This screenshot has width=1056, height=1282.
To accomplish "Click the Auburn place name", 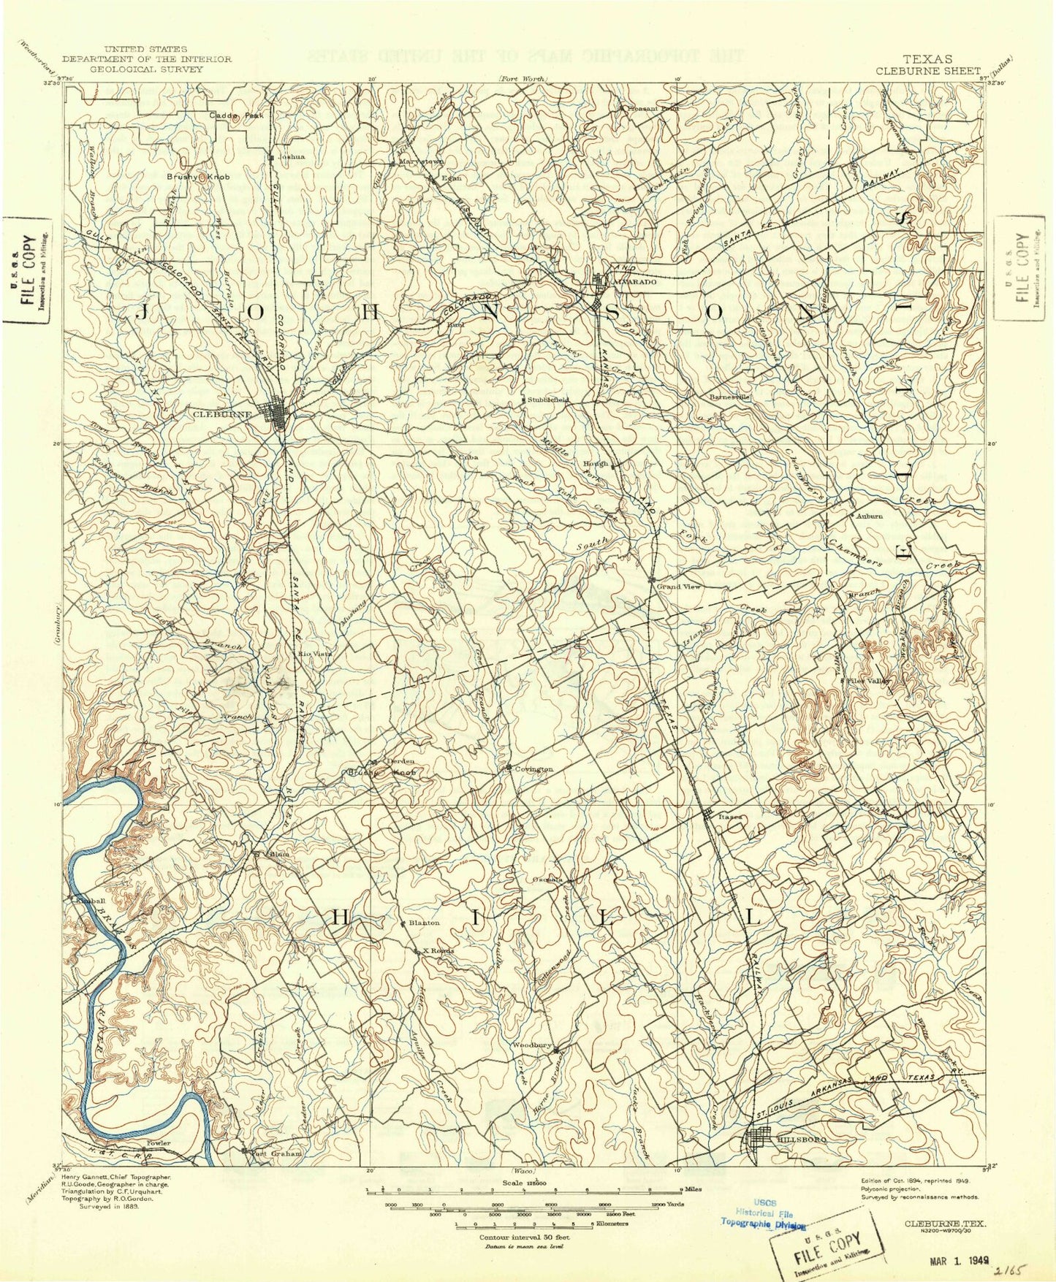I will [870, 516].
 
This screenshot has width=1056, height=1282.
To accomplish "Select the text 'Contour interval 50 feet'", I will [524, 1237].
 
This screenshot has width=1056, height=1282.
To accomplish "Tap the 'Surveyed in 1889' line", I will [110, 1207].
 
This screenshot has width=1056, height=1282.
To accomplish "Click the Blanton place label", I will [424, 923].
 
